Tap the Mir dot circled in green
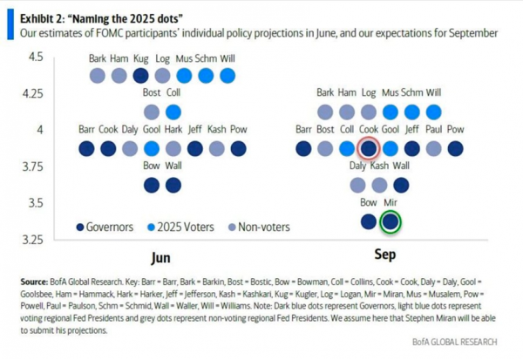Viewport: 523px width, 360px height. pyautogui.click(x=391, y=221)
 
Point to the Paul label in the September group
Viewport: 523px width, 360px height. pyautogui.click(x=433, y=129)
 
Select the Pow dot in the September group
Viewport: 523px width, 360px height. pyautogui.click(x=455, y=148)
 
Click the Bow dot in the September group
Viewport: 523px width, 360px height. pyautogui.click(x=369, y=221)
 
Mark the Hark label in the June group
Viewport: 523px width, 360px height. pyautogui.click(x=173, y=129)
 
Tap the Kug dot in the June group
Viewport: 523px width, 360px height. pyautogui.click(x=140, y=76)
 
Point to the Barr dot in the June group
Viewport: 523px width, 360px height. pyautogui.click(x=86, y=148)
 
